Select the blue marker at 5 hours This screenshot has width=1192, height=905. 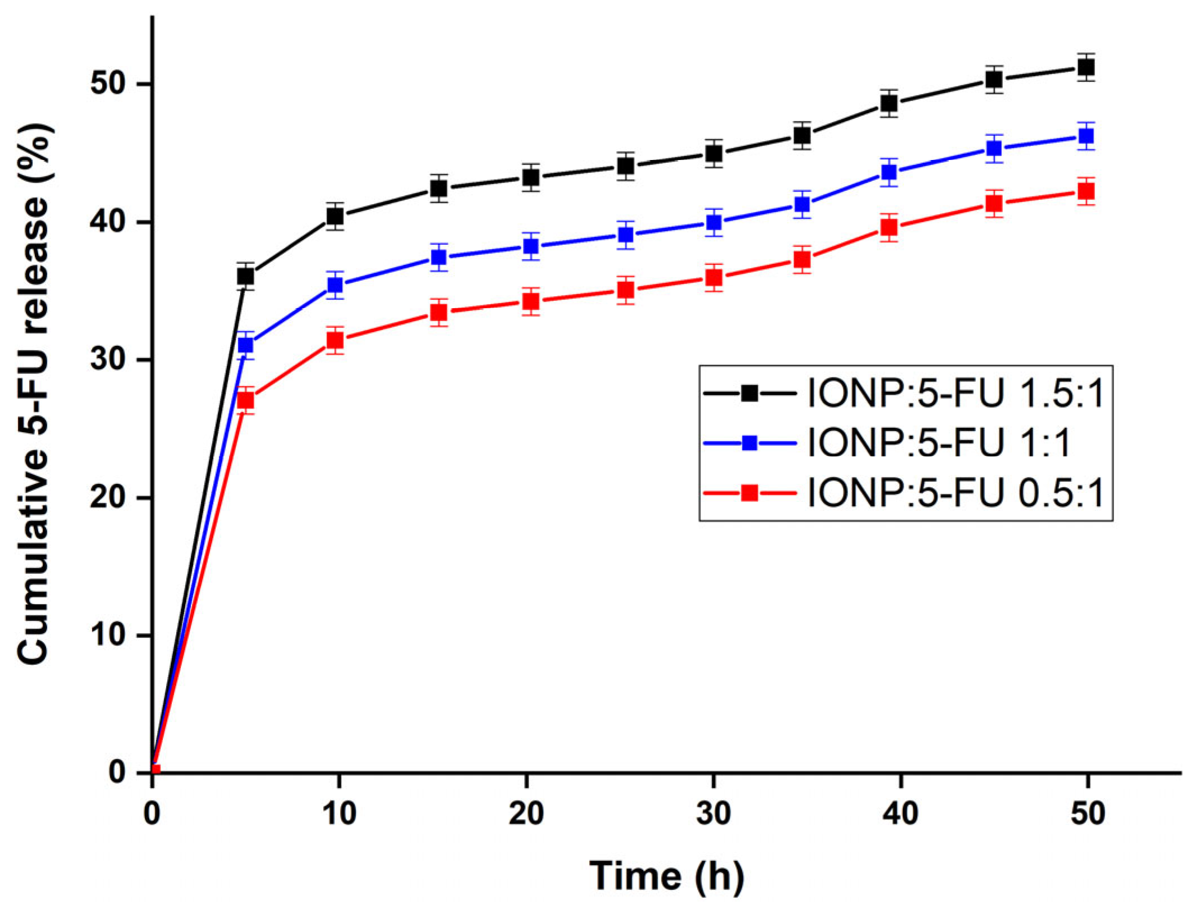coord(246,344)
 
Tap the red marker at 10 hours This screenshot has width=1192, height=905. coord(335,340)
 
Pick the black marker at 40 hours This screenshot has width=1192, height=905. coord(889,103)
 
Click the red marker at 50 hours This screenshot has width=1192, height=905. coord(1086,191)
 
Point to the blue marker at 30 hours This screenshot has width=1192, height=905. coord(714,223)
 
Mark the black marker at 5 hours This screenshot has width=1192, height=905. coord(246,276)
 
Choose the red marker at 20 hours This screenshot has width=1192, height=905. coord(531,302)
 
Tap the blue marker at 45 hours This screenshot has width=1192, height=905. coord(994,149)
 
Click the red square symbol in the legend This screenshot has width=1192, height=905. coord(750,493)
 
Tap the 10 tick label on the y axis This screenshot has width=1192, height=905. coord(108,636)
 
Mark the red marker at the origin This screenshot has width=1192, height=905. coord(155,770)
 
